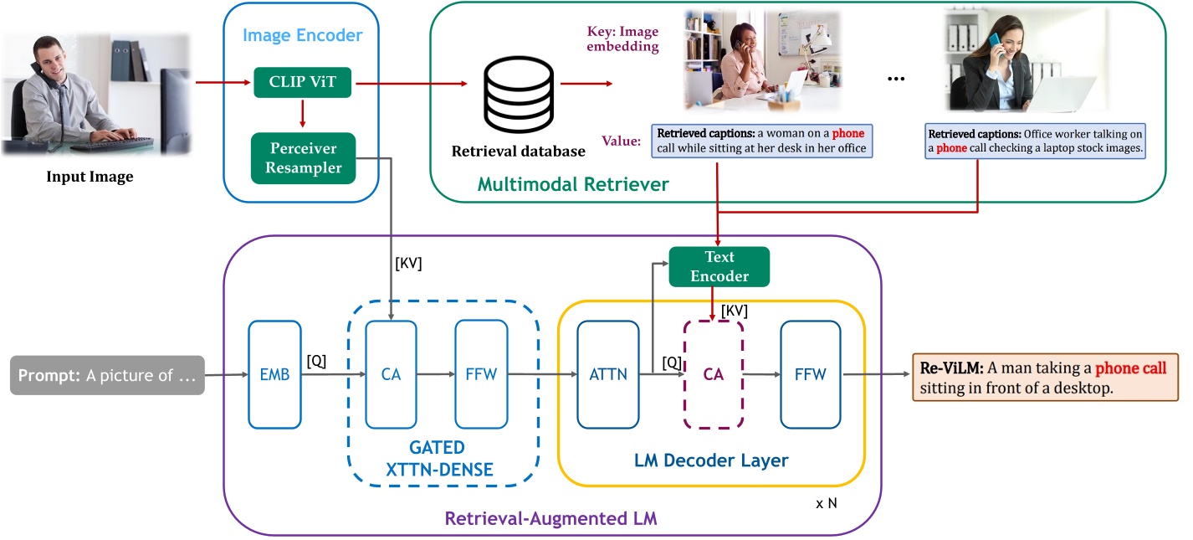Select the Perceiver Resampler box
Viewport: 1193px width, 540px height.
[303, 158]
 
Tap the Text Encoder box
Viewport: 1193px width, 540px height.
[719, 265]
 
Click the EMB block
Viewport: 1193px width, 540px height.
[274, 373]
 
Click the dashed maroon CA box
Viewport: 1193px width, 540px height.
[713, 373]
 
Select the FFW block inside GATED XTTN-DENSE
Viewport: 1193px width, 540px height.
[481, 373]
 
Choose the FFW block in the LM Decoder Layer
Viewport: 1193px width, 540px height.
[808, 373]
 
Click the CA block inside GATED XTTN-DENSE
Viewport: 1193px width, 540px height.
[391, 373]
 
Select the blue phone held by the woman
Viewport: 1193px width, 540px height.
[993, 43]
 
